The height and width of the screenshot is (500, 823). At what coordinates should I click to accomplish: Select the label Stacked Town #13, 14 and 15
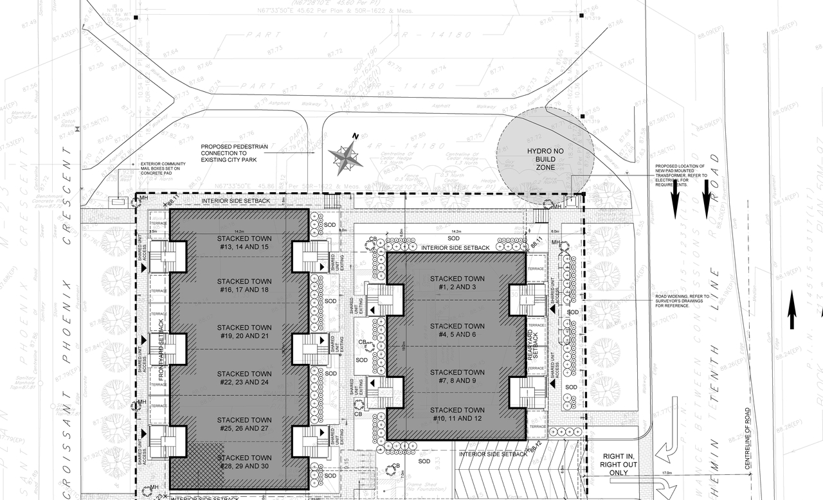[244, 242]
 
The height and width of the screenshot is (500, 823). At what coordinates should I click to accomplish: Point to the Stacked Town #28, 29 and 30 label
[244, 461]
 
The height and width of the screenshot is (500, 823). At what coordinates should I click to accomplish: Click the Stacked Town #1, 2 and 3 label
[457, 283]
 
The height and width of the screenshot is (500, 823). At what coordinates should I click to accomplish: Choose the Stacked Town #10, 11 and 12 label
[457, 414]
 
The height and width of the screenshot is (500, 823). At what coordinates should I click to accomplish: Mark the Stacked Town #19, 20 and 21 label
[244, 332]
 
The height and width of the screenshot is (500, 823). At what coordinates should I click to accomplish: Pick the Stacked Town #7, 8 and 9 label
[457, 376]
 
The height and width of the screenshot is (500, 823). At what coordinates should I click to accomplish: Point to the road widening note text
[682, 301]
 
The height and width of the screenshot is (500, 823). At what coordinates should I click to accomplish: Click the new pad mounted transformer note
[681, 175]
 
